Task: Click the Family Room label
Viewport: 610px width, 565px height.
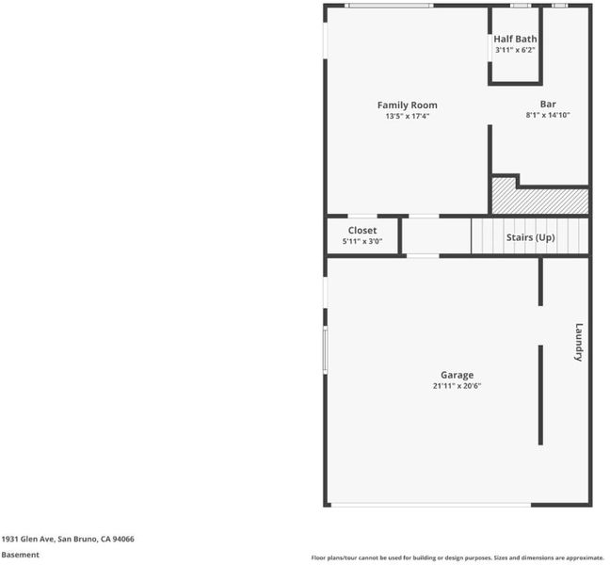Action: [407, 105]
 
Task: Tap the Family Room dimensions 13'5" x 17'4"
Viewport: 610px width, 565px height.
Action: [408, 116]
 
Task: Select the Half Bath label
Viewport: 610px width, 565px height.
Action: [515, 39]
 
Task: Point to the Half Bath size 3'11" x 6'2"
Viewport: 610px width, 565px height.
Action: [515, 50]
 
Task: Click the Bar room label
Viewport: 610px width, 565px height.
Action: [548, 105]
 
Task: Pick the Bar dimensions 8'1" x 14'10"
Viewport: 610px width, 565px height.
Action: [548, 115]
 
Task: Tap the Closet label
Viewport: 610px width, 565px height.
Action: [362, 231]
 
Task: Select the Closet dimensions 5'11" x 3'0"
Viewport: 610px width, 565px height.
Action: [362, 241]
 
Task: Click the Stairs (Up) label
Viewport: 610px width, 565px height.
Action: [530, 237]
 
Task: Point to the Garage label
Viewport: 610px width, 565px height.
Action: [457, 375]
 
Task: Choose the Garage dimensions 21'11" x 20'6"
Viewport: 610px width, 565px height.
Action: [457, 386]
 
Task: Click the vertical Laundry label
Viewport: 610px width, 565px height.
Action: [579, 343]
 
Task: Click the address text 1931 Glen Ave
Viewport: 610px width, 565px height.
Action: [27, 539]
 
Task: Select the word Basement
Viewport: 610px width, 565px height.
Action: [20, 555]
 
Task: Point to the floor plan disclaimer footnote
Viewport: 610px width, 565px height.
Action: [457, 557]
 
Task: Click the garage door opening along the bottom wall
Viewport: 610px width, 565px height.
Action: [430, 505]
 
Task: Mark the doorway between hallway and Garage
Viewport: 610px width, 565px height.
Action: [423, 255]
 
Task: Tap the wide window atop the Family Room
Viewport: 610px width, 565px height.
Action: [389, 6]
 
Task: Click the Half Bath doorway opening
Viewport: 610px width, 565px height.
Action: [490, 48]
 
